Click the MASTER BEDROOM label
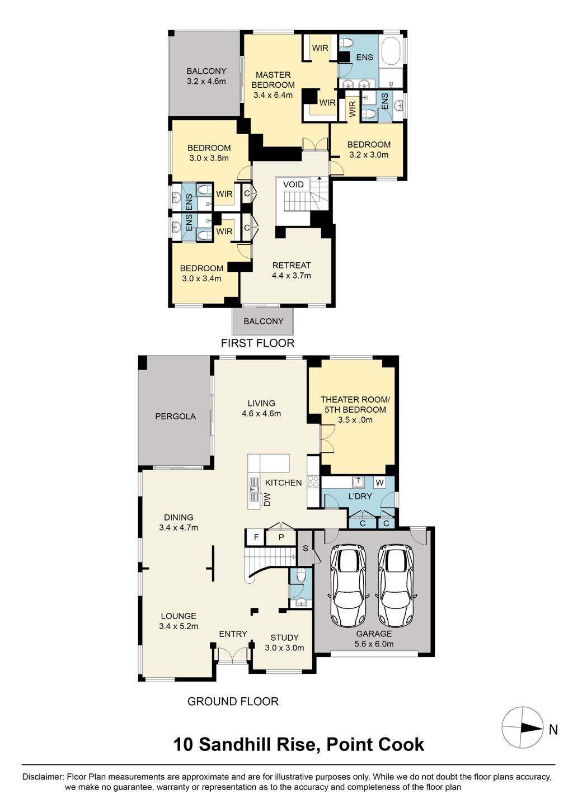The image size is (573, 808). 273,80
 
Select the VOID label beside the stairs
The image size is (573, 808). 293,185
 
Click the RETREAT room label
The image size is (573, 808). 292,266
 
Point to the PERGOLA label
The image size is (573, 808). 176,417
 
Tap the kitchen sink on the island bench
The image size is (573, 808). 254,489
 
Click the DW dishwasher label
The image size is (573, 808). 267,499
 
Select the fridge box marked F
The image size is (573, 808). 256,537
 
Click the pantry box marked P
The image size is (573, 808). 281,537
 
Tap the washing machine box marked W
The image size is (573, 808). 379,482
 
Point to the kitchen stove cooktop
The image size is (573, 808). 313,482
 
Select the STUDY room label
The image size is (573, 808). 284,638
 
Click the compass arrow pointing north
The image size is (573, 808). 532,727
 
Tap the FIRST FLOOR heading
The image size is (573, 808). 257,343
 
